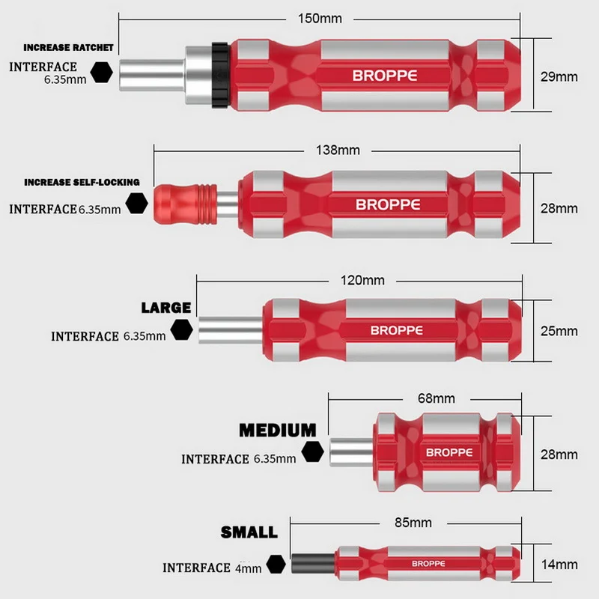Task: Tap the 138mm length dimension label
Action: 338,150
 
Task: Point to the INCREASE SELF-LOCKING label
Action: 82,182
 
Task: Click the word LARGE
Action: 166,308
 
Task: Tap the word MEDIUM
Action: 277,431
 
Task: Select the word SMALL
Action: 249,533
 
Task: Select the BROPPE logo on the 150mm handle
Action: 385,76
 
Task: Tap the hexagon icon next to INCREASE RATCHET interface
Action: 102,72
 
